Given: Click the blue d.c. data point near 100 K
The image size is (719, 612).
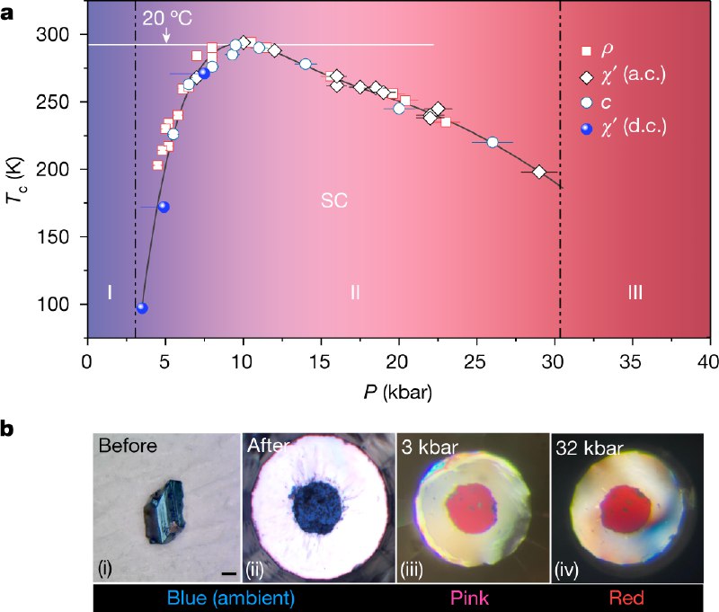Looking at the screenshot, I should (x=141, y=308).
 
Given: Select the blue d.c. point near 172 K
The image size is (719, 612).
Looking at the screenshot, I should (x=163, y=207).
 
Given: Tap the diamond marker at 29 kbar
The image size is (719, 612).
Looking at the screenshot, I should (x=539, y=172).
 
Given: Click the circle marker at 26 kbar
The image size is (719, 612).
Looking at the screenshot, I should (x=492, y=142).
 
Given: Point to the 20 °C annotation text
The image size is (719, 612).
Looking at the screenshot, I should (x=166, y=19).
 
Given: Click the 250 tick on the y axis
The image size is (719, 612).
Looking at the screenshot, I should (x=58, y=102).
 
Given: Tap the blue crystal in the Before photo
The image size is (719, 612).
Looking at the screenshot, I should (x=166, y=510).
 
